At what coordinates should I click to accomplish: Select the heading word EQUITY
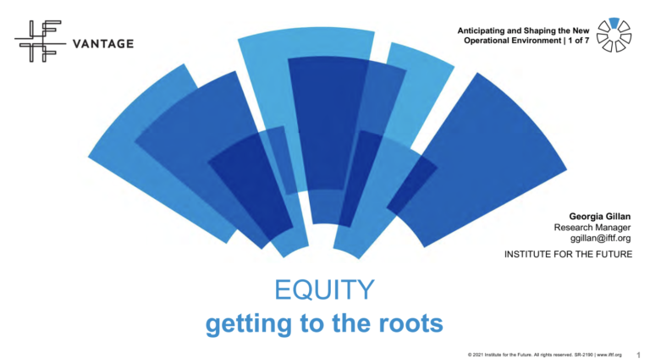(325, 290)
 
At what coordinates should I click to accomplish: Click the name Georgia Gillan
(600, 216)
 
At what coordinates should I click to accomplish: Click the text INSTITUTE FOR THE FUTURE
(568, 256)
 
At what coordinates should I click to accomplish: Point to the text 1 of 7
(573, 41)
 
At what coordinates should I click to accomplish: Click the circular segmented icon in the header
(614, 35)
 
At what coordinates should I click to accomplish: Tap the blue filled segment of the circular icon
(614, 22)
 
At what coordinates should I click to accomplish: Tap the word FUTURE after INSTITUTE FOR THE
(613, 256)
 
